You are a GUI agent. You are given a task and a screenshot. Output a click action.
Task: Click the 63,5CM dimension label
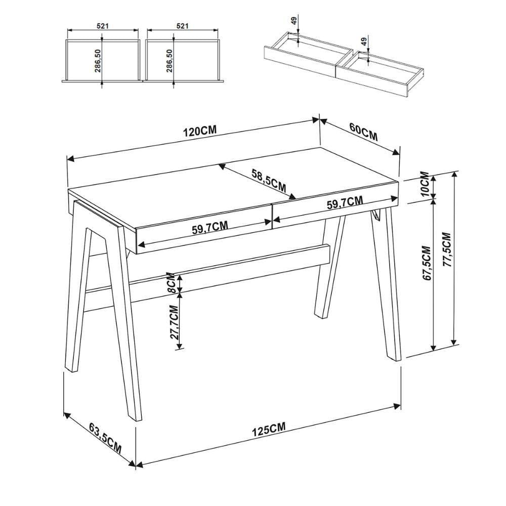point(105,439)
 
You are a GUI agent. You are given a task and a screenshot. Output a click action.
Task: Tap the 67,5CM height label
point(426,263)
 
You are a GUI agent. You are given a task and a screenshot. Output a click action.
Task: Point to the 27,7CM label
point(174,322)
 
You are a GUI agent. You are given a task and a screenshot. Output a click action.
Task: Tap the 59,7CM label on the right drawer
point(345,202)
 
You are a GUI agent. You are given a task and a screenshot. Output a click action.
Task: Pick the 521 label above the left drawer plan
point(102,26)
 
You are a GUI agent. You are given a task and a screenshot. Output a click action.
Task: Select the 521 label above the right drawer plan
point(182,26)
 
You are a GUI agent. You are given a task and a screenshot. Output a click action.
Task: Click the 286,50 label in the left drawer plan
point(98,60)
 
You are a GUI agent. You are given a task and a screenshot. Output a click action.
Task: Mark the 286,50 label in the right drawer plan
point(170,60)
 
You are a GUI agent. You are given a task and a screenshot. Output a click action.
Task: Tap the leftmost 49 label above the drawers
point(293,21)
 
